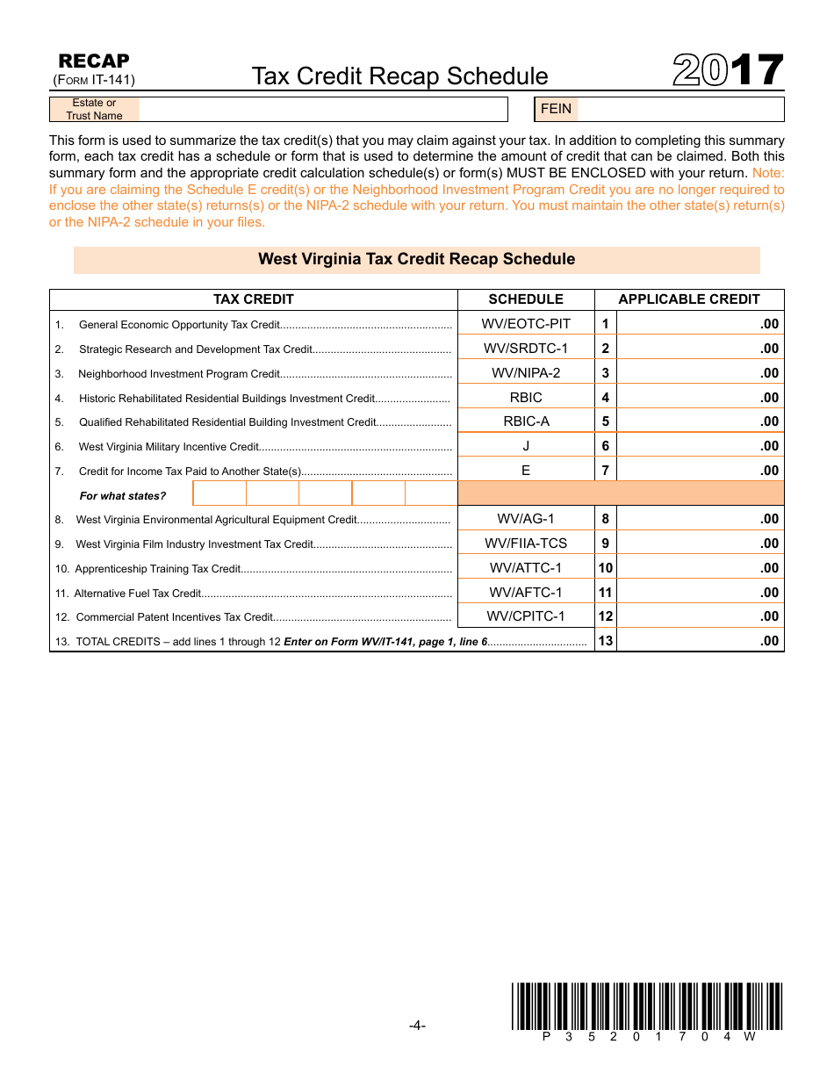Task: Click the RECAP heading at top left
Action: click(93, 61)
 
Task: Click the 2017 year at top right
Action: click(728, 71)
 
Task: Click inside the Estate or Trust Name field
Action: click(322, 109)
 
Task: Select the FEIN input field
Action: click(679, 109)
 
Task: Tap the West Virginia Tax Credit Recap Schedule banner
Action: click(416, 260)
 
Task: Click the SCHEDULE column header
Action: click(526, 299)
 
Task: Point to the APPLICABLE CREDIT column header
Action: click(689, 299)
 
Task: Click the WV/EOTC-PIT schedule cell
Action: click(526, 324)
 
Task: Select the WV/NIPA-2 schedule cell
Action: click(526, 373)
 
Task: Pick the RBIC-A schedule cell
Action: click(526, 421)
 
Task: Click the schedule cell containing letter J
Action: click(526, 446)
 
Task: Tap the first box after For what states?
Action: click(219, 494)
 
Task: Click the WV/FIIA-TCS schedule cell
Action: click(526, 544)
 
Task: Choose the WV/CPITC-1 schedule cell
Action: click(526, 616)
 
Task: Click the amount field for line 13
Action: click(699, 641)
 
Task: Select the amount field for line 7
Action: click(699, 471)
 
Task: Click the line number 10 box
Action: click(606, 568)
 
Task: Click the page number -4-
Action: click(417, 1026)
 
